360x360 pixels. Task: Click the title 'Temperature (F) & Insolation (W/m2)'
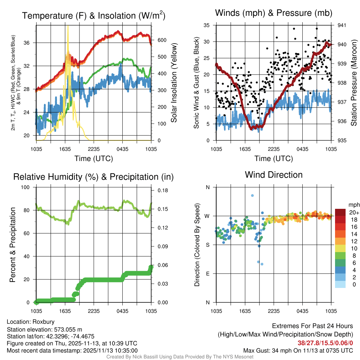94,15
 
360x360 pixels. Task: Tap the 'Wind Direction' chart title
274,175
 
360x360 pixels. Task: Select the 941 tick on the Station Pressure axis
342,25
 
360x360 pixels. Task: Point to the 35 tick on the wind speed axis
207,25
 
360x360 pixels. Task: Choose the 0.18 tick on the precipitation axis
162,191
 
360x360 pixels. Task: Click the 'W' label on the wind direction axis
207,216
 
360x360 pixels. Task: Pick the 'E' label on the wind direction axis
207,274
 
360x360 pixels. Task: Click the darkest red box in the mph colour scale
341,212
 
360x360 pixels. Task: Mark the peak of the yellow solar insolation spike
68,26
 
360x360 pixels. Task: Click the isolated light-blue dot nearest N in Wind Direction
252,195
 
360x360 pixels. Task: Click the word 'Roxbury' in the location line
43,322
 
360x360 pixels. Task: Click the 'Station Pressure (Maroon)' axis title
354,83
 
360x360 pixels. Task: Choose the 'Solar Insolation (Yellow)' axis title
174,83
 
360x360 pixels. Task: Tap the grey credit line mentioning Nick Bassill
180,356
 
